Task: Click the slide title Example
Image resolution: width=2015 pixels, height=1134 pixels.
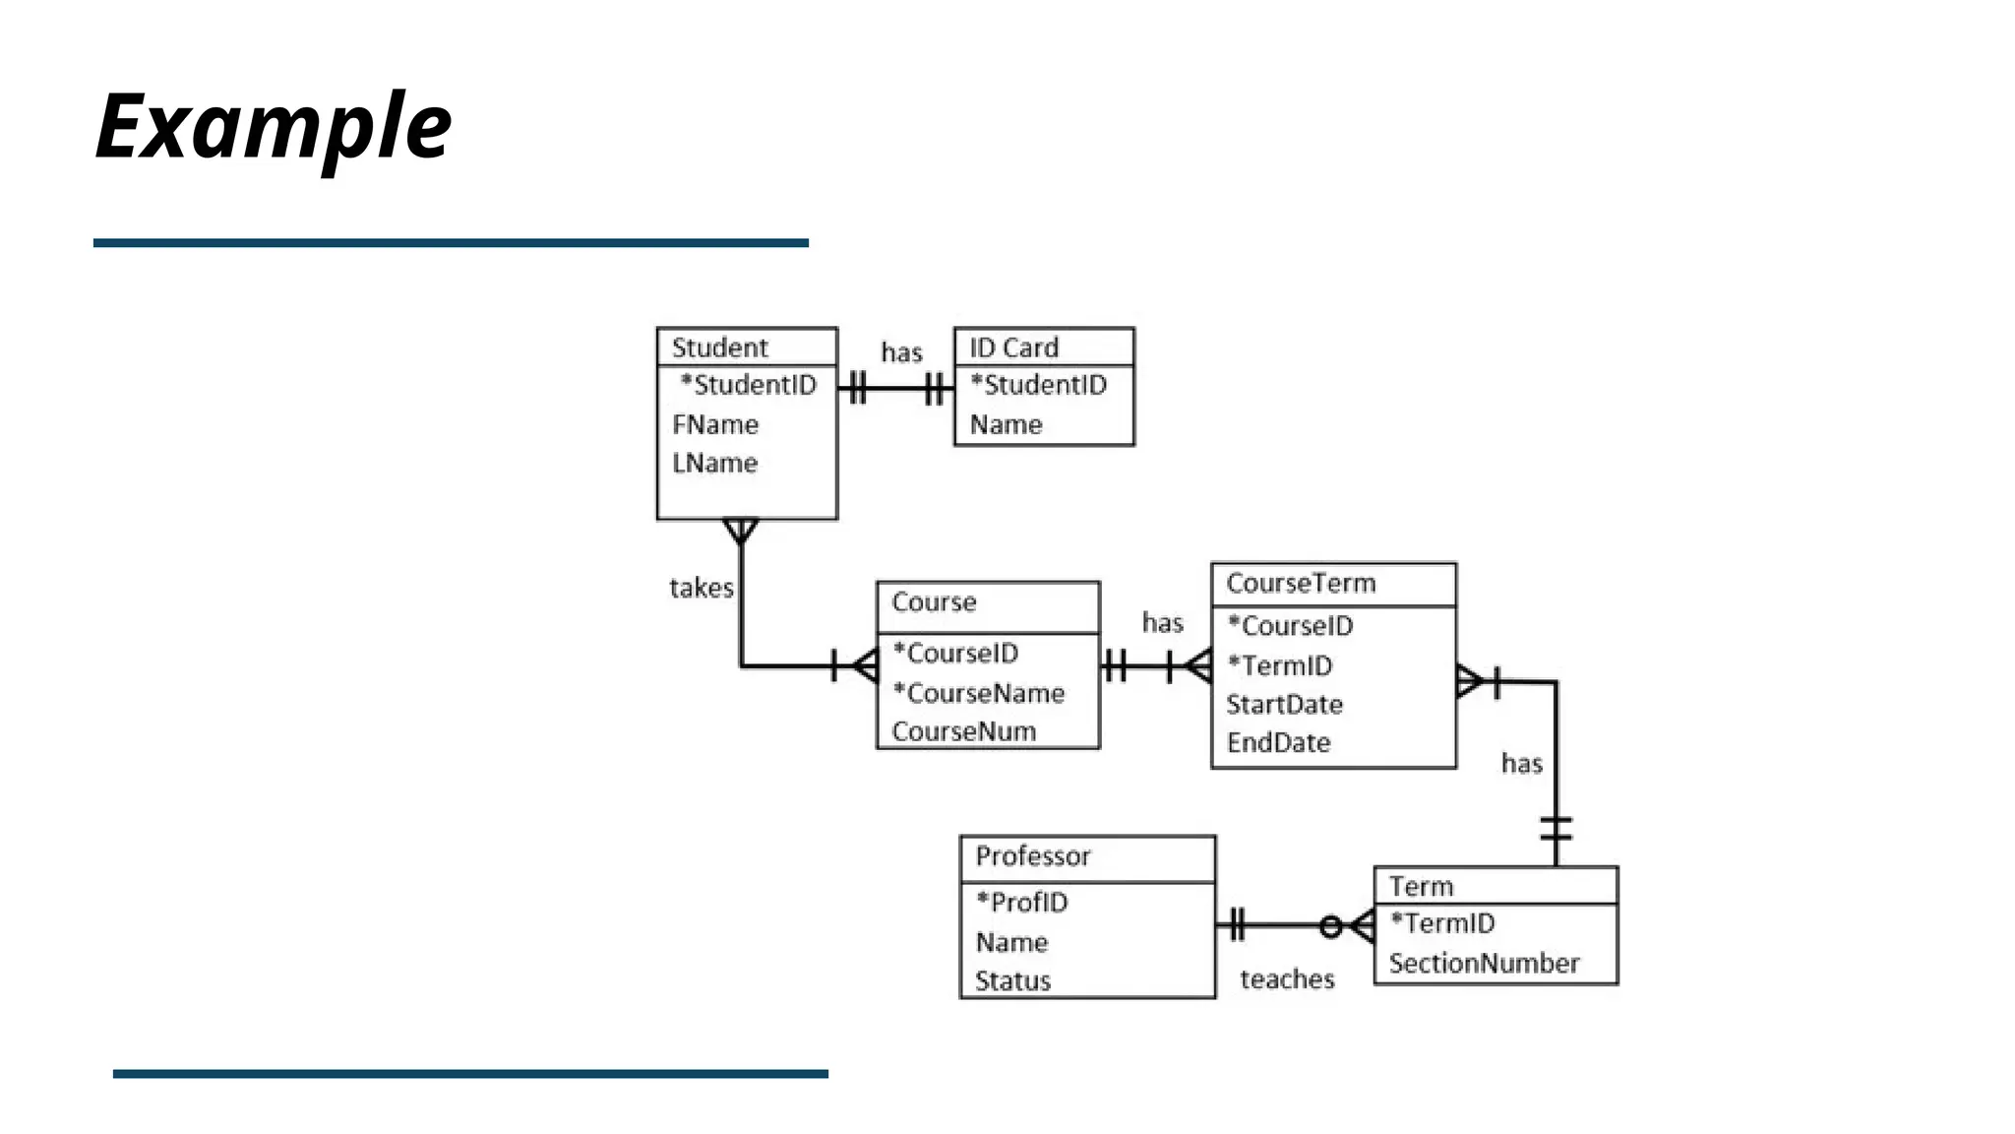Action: click(x=274, y=126)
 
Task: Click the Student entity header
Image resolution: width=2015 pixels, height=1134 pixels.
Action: click(x=720, y=347)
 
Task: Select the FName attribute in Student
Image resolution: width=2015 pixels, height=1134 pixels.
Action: click(x=715, y=424)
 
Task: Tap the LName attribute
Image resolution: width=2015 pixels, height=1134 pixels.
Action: click(x=714, y=463)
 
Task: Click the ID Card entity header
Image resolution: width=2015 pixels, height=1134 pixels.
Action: click(x=1013, y=347)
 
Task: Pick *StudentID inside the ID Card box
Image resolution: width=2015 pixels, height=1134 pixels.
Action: click(x=1038, y=385)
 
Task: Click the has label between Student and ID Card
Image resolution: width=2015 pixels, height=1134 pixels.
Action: click(x=901, y=352)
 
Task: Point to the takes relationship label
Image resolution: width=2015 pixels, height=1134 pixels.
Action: click(x=701, y=588)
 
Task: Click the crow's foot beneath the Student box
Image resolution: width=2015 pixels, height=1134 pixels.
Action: click(x=741, y=532)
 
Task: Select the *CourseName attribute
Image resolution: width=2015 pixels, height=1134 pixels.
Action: click(x=978, y=693)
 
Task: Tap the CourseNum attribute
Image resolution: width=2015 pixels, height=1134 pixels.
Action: click(x=963, y=731)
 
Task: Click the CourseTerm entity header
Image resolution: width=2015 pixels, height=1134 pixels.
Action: click(x=1301, y=583)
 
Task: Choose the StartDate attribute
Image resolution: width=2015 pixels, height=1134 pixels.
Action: click(x=1284, y=704)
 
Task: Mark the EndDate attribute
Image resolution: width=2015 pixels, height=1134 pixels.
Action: click(x=1278, y=742)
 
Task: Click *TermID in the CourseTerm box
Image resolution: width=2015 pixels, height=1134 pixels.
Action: click(x=1280, y=665)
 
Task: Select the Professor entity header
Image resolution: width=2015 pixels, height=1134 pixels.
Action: click(x=1033, y=855)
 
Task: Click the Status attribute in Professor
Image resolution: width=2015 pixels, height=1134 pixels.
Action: click(x=1012, y=980)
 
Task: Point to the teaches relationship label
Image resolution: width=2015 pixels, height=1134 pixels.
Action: click(x=1287, y=978)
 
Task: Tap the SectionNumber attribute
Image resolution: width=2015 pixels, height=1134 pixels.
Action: click(x=1484, y=963)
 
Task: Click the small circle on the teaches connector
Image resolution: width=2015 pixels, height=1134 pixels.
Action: click(x=1330, y=926)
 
